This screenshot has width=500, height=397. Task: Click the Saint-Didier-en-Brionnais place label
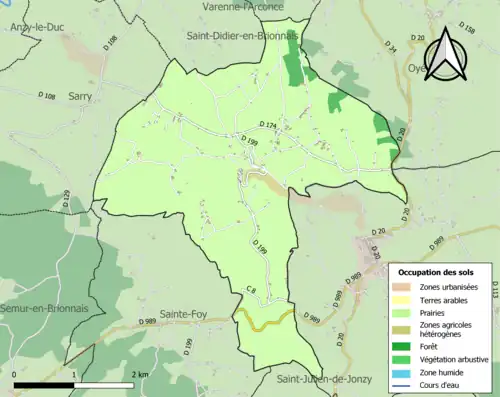click(x=243, y=36)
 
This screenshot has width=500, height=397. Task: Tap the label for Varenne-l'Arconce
click(x=244, y=7)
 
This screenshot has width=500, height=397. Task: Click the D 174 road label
click(x=268, y=123)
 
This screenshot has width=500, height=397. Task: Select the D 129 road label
click(x=66, y=199)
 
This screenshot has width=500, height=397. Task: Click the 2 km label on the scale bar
click(x=141, y=372)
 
